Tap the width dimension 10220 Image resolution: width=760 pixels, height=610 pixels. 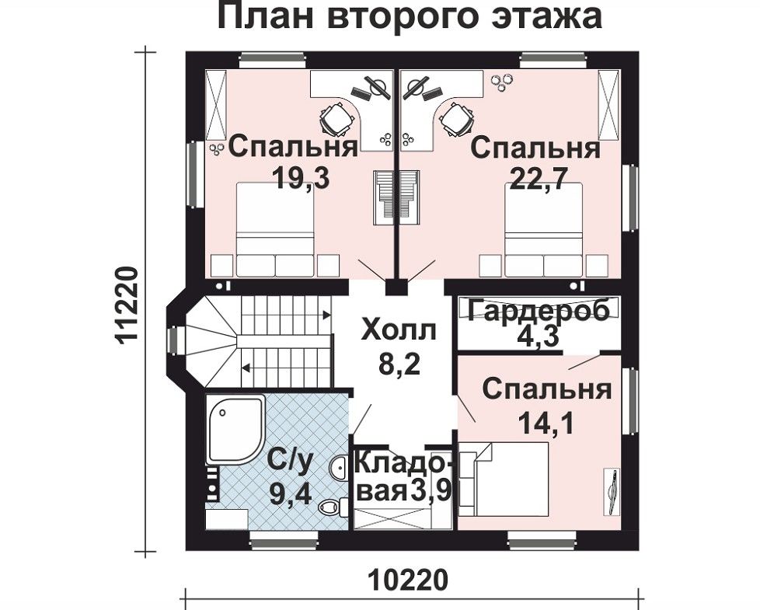[x=409, y=580]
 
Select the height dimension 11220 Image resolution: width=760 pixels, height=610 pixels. [x=127, y=305]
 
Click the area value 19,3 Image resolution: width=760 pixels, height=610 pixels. [x=301, y=178]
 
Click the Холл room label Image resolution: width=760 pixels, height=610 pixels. [x=399, y=331]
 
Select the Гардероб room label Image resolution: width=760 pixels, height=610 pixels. [x=538, y=309]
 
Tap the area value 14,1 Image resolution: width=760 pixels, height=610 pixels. [x=546, y=423]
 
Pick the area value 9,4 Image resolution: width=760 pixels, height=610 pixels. [x=290, y=496]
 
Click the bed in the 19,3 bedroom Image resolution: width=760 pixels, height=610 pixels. [x=275, y=228]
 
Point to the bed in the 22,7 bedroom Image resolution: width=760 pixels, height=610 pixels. [x=543, y=229]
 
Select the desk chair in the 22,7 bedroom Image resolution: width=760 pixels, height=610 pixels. [x=456, y=119]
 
